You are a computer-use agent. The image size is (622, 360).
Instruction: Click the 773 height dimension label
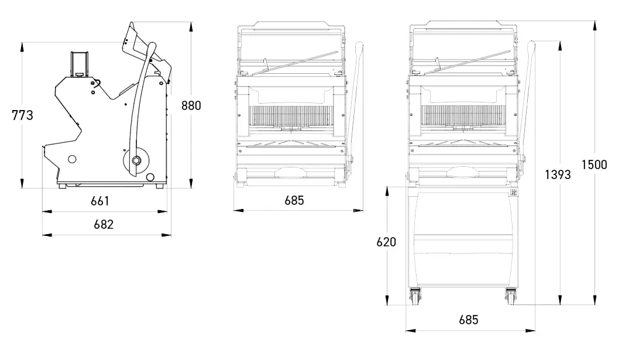(x=22, y=115)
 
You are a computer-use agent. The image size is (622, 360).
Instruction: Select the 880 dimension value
(x=191, y=106)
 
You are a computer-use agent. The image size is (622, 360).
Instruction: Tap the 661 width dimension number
(x=100, y=201)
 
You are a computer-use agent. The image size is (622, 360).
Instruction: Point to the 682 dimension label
(x=103, y=224)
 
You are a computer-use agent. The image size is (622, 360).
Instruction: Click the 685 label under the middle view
(x=294, y=200)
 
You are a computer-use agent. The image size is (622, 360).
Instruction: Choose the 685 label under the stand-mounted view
(x=469, y=320)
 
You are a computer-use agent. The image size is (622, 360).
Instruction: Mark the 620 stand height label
(x=386, y=242)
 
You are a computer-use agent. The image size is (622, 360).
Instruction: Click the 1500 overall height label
(x=594, y=164)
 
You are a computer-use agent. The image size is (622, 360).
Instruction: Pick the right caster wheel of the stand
(x=510, y=298)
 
